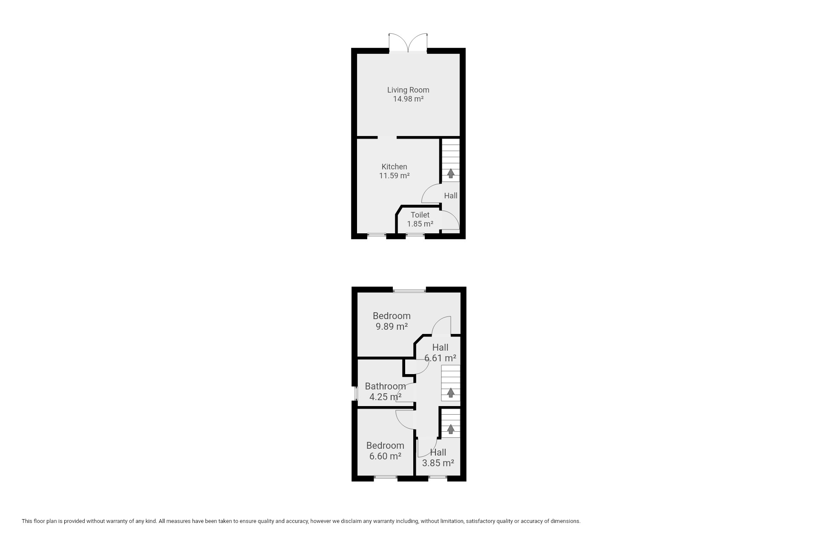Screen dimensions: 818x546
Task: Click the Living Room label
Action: (408, 90)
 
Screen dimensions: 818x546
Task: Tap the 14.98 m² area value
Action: (408, 99)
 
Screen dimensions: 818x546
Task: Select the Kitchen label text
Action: (394, 167)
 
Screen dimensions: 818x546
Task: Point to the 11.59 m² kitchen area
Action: (394, 175)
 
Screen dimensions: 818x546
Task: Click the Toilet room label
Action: (420, 215)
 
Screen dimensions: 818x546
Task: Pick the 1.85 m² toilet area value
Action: (420, 224)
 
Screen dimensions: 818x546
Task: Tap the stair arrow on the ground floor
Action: (450, 173)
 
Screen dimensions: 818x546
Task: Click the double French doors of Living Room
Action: (408, 43)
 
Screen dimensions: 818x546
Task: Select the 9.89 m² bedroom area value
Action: (392, 327)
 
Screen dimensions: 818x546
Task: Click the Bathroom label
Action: (385, 386)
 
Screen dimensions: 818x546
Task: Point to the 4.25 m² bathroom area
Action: (385, 397)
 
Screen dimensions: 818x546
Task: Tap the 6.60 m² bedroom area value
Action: (385, 456)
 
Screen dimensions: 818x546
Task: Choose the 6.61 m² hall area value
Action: (440, 358)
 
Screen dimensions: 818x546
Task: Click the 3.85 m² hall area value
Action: (438, 463)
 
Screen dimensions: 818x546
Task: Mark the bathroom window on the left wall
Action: (355, 393)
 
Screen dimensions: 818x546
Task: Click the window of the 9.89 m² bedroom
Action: (409, 291)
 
